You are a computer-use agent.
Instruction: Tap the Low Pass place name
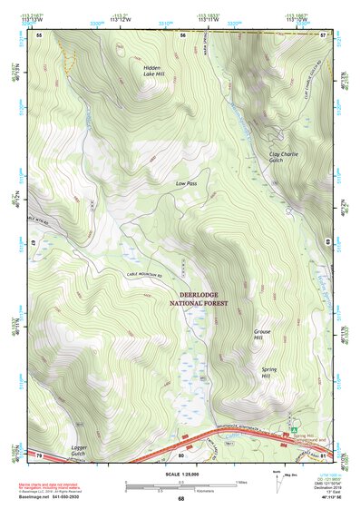click(x=186, y=183)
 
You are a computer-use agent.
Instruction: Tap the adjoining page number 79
click(x=39, y=454)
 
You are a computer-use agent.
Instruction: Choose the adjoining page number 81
click(x=322, y=454)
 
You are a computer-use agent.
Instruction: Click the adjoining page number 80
click(x=181, y=454)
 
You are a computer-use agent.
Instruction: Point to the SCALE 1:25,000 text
click(x=180, y=475)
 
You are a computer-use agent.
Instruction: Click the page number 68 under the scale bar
click(x=180, y=498)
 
